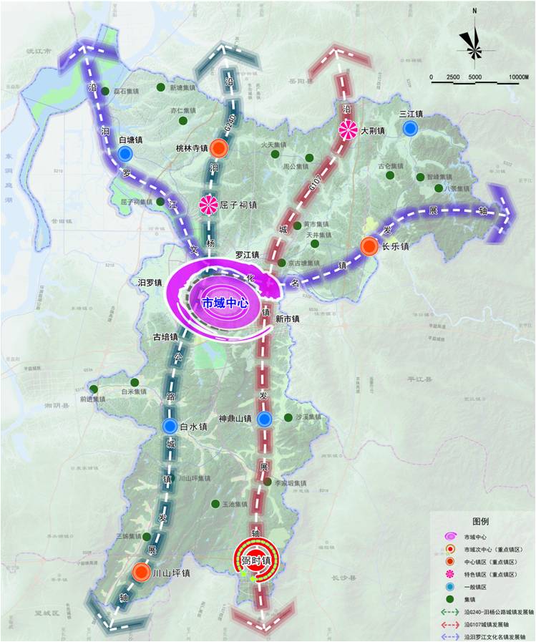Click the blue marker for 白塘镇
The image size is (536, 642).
coord(125,154)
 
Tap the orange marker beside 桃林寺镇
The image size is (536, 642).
coord(220,148)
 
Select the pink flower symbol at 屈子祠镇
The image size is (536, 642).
coord(208,205)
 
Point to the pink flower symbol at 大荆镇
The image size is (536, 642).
coord(349,130)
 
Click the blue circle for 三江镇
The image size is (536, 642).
coord(410,128)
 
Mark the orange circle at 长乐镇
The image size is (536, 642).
coord(369,246)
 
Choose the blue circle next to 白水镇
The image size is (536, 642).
coord(170,427)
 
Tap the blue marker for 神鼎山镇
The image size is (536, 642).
coord(264,419)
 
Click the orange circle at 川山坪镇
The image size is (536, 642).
coord(141,573)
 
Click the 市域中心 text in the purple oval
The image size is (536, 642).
coord(225,303)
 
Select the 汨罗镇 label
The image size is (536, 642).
coord(152,283)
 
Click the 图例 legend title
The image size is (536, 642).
coord(480,521)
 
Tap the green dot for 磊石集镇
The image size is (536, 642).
coord(105,92)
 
